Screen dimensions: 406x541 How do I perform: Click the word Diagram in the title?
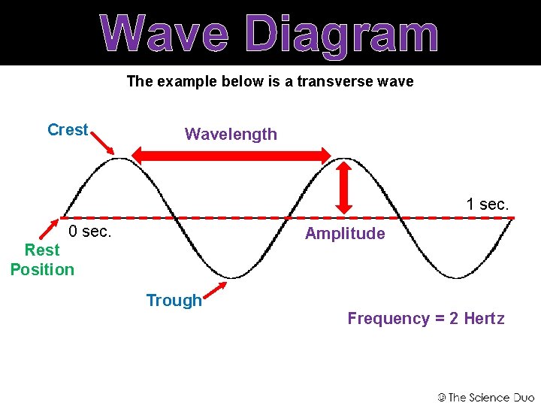click(342, 35)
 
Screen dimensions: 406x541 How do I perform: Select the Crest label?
click(68, 130)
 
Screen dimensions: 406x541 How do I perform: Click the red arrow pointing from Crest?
click(102, 144)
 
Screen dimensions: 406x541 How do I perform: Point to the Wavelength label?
click(231, 135)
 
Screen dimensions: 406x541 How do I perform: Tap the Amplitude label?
click(345, 234)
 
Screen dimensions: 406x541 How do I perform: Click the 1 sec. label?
click(487, 204)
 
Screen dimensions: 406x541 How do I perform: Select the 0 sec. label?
click(90, 232)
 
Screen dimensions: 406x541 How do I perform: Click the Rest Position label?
click(42, 259)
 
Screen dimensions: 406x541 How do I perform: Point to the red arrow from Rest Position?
click(53, 227)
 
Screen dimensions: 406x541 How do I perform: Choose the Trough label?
click(174, 301)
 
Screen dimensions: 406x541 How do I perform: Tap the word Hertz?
click(484, 319)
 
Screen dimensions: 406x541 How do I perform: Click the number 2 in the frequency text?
click(454, 319)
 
